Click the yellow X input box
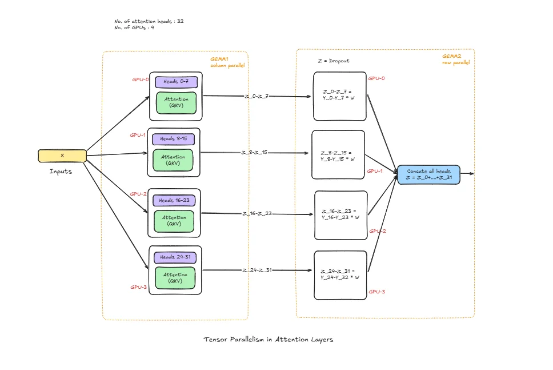coord(62,156)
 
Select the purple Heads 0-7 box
coord(175,82)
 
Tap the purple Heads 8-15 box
coord(173,139)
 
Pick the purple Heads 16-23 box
coord(174,200)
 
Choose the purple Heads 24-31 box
coord(175,257)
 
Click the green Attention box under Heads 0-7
coord(177,102)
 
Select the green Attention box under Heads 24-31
coord(175,277)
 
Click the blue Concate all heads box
coord(428,174)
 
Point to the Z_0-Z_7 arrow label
coord(257,96)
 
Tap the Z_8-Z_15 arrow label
coord(254,153)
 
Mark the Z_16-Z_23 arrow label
coord(257,213)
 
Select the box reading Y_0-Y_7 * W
coord(340,96)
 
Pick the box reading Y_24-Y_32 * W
coord(340,275)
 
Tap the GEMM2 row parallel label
coord(455,59)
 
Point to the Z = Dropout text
coord(333,61)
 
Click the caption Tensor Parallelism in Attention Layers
coord(268,339)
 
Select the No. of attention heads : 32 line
coord(149,21)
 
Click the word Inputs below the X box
coord(61,171)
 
